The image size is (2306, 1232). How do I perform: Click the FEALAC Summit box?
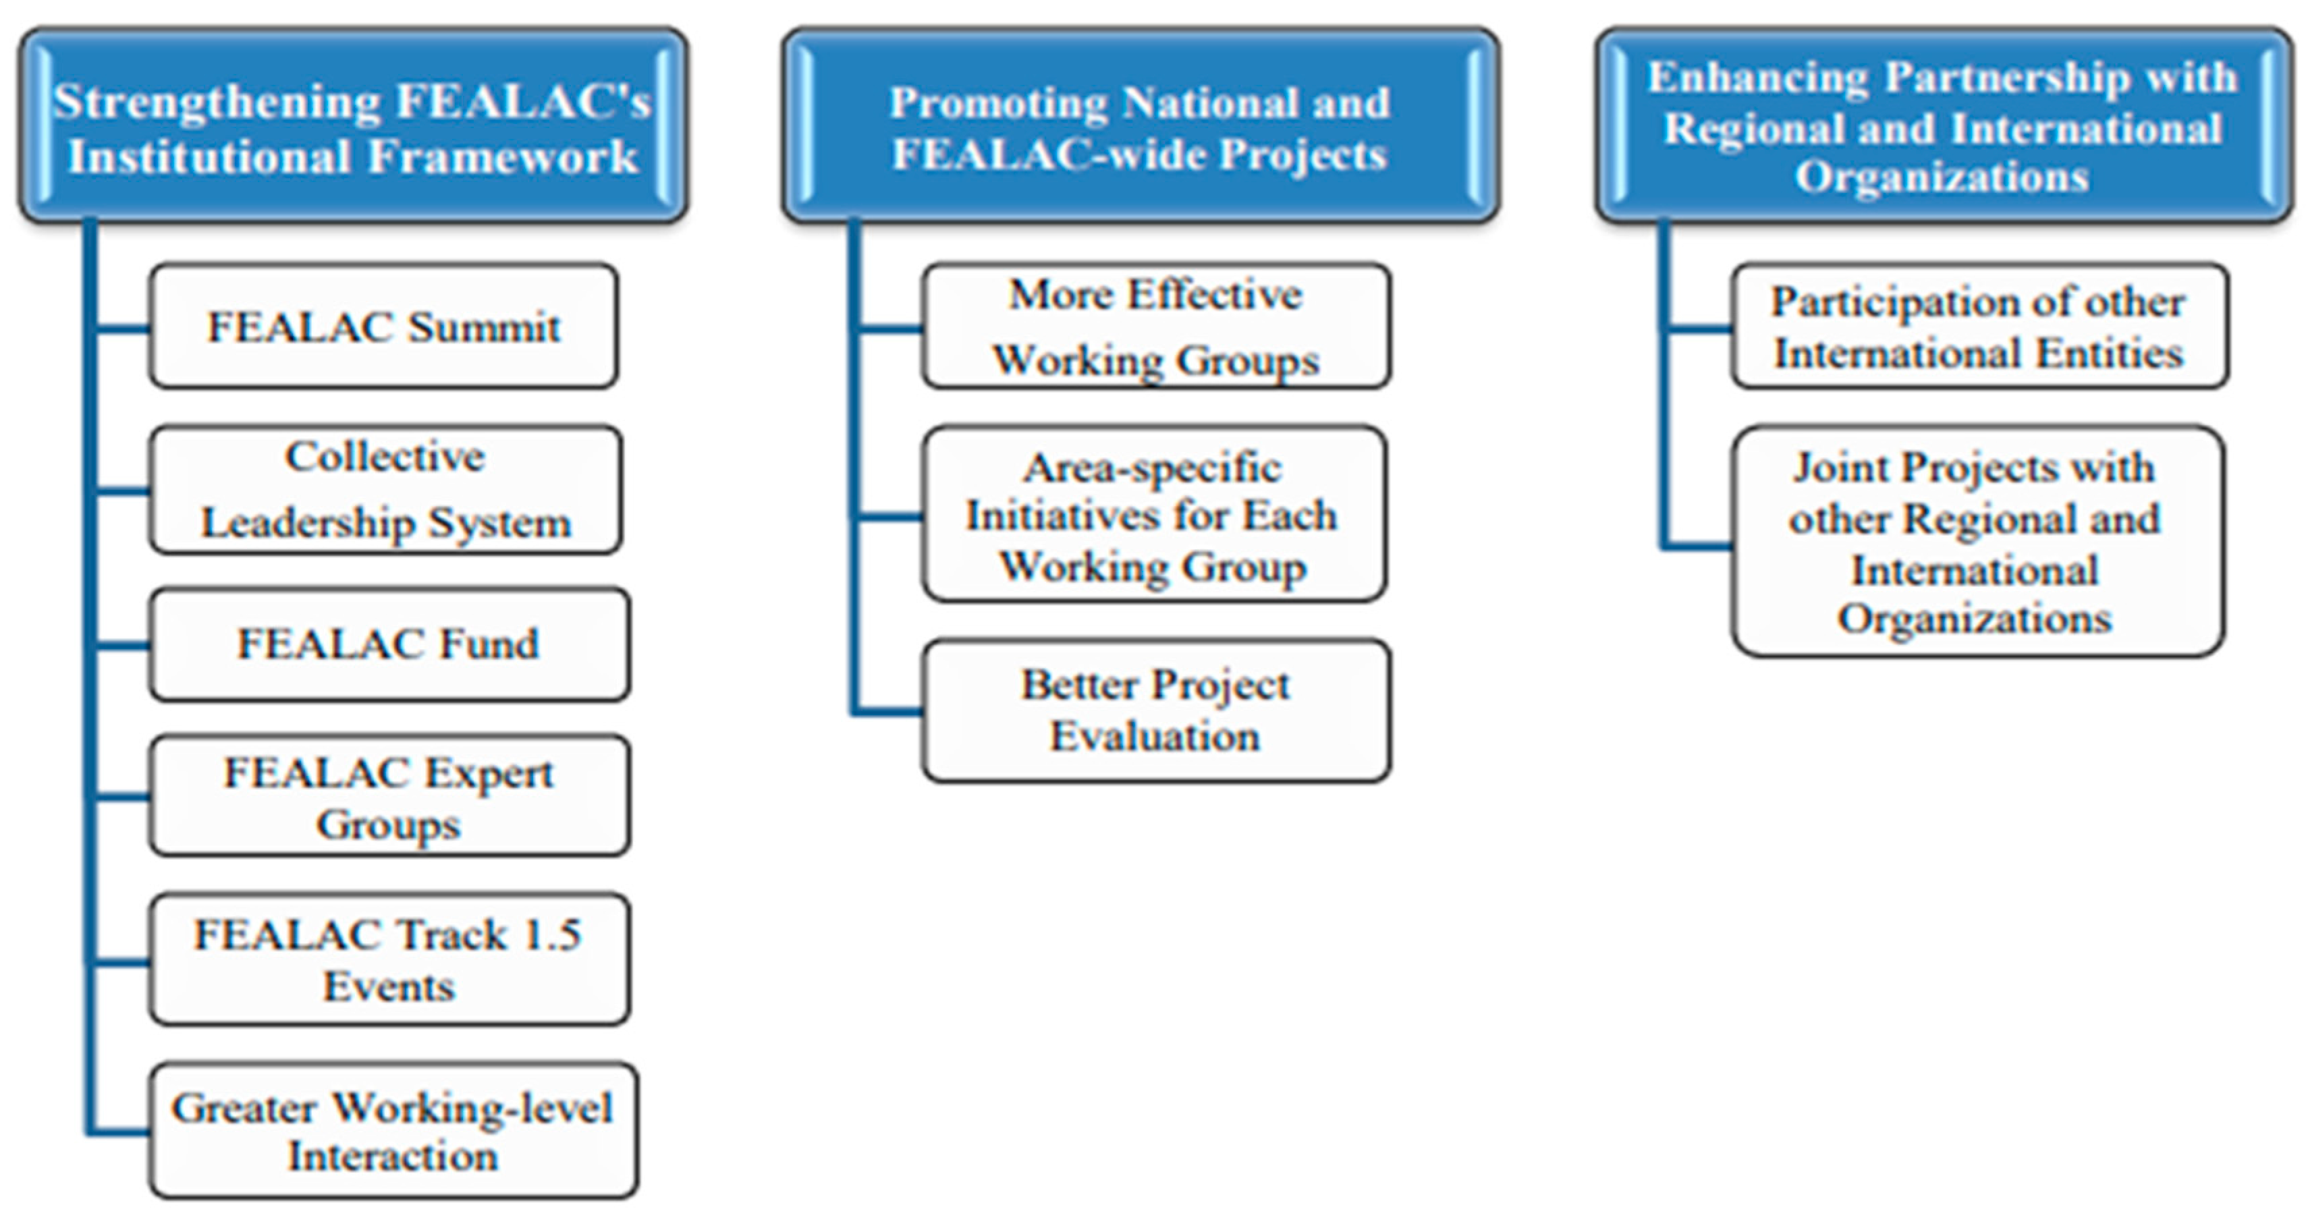pos(383,327)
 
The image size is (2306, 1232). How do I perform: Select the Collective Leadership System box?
pos(385,489)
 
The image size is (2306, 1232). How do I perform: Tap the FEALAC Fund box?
pos(389,644)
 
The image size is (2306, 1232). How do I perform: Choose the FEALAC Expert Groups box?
pos(389,796)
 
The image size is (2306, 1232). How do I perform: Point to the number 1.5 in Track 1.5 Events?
pos(551,935)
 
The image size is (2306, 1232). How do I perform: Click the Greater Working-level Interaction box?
pos(392,1131)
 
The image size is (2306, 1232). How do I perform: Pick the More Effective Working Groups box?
pos(1155,327)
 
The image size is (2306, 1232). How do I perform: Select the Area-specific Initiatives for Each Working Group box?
pos(1153,515)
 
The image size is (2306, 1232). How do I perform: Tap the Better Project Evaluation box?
pos(1155,710)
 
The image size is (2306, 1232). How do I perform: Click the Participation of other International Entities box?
pos(1979,327)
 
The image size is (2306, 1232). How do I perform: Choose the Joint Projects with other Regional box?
pos(1977,542)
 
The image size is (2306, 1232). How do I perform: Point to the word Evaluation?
pos(1155,736)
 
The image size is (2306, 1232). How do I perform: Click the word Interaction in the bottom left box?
pos(392,1156)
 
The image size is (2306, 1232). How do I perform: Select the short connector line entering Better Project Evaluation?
pos(888,712)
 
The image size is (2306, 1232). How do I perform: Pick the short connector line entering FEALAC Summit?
pos(121,329)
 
